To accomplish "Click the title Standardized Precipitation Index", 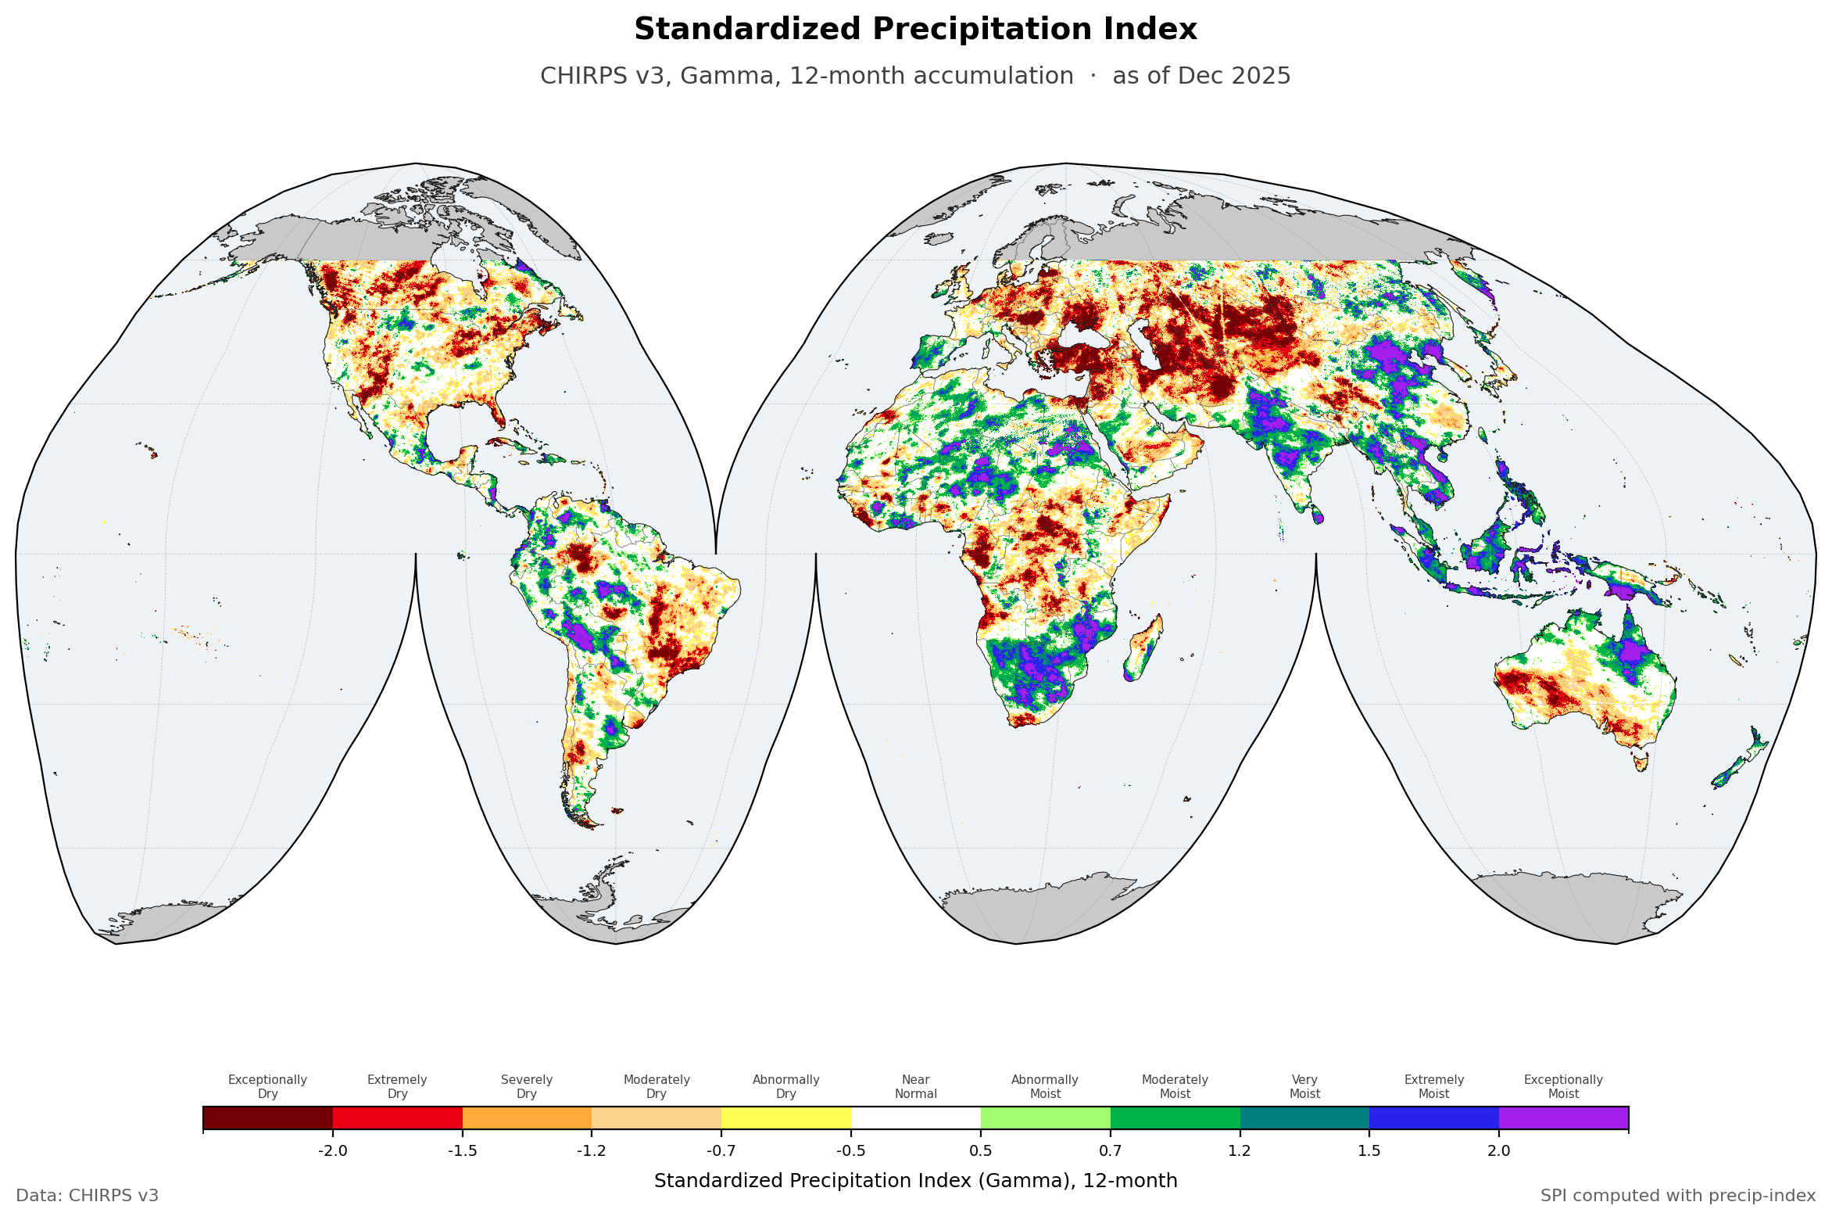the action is coord(915,30).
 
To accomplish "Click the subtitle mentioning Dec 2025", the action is coord(915,76).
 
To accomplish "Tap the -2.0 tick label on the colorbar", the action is coord(333,1150).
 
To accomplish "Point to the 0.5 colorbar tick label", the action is coord(981,1150).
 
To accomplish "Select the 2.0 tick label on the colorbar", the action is coord(1499,1150).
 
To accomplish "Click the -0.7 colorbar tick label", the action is coord(721,1150).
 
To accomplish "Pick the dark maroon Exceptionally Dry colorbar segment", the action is coord(268,1118).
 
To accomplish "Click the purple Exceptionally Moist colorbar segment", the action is coord(1564,1118).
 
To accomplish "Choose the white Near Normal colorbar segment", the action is coord(916,1118).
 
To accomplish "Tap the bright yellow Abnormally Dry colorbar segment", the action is coord(786,1118).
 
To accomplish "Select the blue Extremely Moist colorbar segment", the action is coord(1434,1118).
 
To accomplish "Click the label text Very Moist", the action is coord(1304,1086).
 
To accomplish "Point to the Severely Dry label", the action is coord(527,1086).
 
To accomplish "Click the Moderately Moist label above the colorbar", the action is coord(1175,1086).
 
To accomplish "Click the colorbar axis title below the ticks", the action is coord(916,1181).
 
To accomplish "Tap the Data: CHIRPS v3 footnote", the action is coord(88,1196).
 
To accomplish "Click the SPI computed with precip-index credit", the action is coord(1678,1196).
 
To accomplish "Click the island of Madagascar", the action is coord(1143,648).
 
